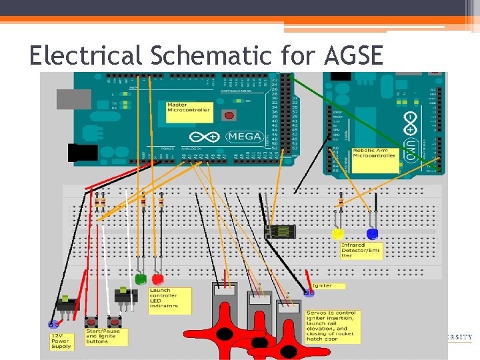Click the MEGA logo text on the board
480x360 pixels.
(243, 136)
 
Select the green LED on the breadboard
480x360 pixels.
(140, 279)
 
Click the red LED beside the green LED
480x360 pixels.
(158, 279)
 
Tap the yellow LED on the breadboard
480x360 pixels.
(338, 234)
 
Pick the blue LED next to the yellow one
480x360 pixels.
(372, 234)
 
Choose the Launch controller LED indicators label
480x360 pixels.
(169, 301)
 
